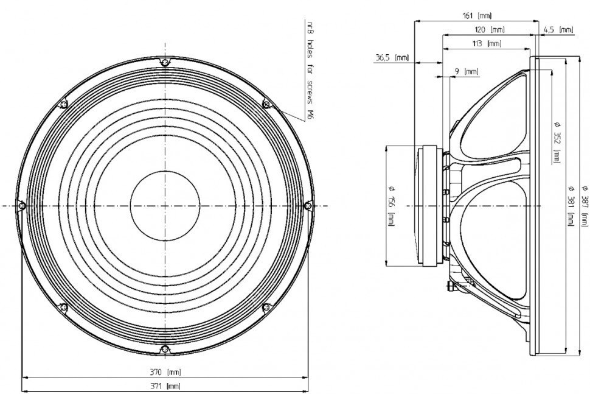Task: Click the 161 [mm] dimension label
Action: tap(476, 16)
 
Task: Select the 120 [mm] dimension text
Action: tap(489, 30)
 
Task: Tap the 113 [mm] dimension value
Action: tap(487, 44)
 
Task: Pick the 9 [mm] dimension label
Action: tap(466, 71)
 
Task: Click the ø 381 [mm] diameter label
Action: tap(571, 206)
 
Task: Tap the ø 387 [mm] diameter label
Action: tap(585, 206)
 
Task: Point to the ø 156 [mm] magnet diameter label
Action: tap(391, 206)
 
